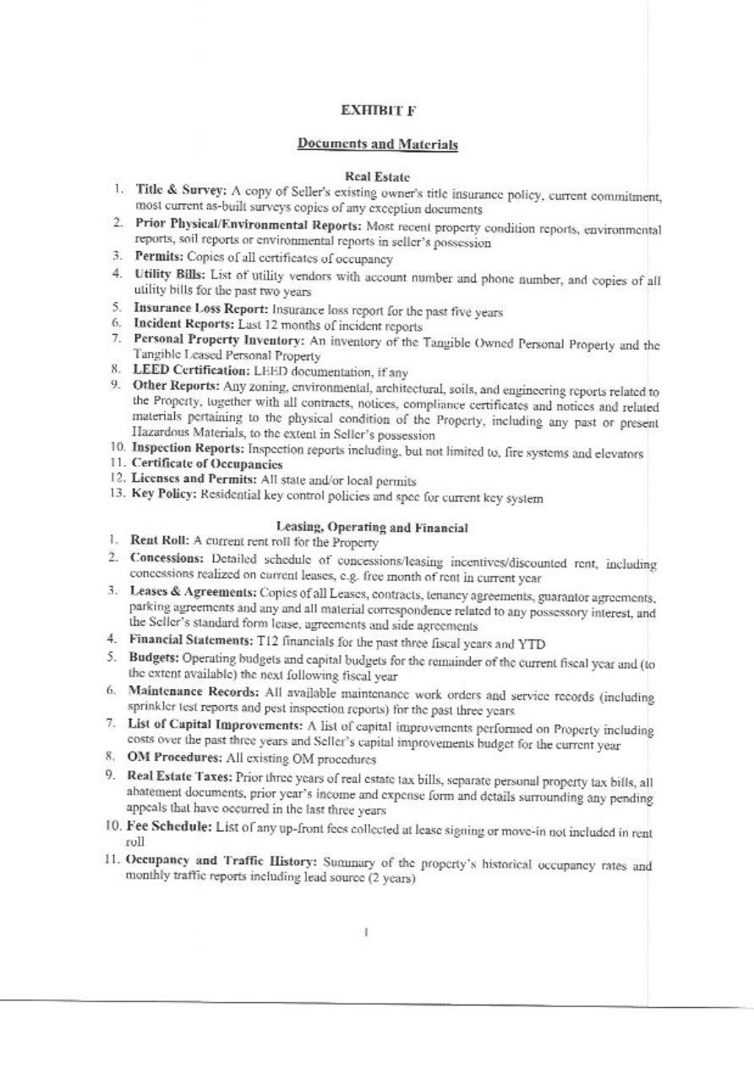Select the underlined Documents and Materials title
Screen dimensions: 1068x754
[x=378, y=145]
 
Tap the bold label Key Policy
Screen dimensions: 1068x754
[x=163, y=494]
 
